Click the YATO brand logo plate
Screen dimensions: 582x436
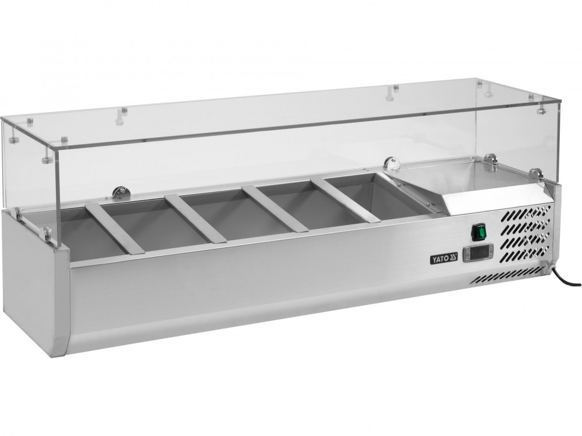tap(444, 258)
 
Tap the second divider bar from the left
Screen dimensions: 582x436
tap(196, 219)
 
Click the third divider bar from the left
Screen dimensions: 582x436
tap(275, 209)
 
